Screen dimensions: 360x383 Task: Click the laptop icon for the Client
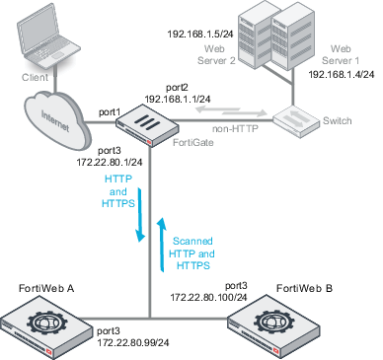(43, 37)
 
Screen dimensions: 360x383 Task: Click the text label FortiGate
(190, 143)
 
